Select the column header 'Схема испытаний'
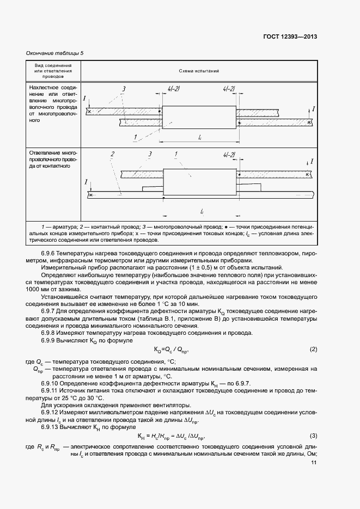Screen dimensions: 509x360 pos(199,71)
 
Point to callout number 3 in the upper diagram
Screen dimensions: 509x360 pos(124,89)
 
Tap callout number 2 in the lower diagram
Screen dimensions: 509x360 pos(112,155)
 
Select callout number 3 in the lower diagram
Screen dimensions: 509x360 pos(149,155)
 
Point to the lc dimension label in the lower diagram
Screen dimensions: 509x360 pos(202,211)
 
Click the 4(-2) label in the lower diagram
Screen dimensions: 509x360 pos(229,155)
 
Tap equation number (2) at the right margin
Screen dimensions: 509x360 pos(313,348)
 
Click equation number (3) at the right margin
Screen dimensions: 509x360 pos(313,436)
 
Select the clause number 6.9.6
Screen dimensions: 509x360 pos(50,254)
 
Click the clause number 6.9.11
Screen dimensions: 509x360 pos(51,391)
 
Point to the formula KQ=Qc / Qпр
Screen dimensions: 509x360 pos(173,349)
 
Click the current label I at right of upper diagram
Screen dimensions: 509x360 pos(314,109)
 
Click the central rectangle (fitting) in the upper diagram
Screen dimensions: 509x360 pos(199,116)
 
